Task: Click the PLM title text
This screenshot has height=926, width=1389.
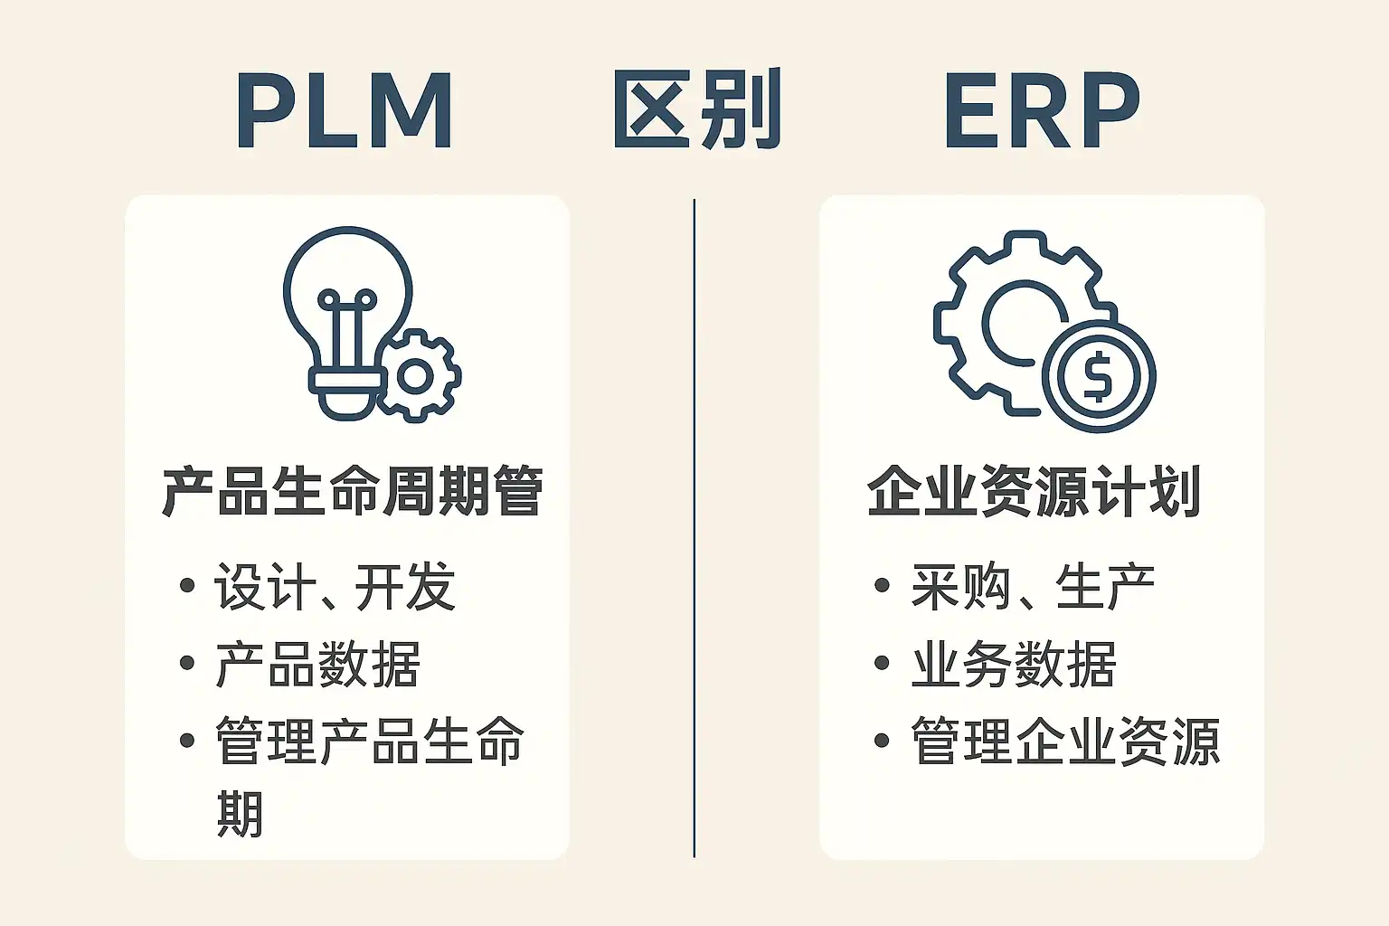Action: [x=344, y=111]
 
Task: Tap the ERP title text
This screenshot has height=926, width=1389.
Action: [x=1041, y=111]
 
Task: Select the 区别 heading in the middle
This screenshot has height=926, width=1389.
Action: [x=695, y=110]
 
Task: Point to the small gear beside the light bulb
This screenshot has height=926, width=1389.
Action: [x=417, y=375]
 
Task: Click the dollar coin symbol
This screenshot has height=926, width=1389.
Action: [x=1098, y=376]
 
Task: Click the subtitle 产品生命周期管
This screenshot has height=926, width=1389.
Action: [x=352, y=492]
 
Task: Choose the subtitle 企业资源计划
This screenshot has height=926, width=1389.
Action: [x=1034, y=492]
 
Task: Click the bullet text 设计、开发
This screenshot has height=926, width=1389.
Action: [x=335, y=587]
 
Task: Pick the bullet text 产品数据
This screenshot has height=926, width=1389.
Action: [x=317, y=665]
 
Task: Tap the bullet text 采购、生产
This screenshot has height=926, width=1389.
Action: [x=1032, y=587]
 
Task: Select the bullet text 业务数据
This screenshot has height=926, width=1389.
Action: [x=1014, y=665]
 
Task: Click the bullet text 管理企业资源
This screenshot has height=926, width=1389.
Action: [x=1065, y=742]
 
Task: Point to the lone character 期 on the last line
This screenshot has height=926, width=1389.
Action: [x=240, y=814]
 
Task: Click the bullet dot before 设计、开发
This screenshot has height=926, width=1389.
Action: [x=187, y=586]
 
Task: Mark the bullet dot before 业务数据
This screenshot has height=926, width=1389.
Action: [x=883, y=664]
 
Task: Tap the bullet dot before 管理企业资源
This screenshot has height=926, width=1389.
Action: [x=883, y=742]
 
